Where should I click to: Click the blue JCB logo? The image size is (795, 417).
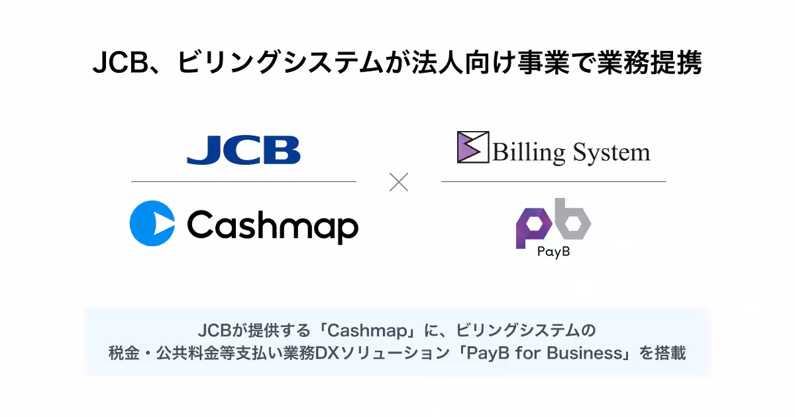tap(244, 150)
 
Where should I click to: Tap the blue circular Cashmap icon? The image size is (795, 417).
tap(152, 224)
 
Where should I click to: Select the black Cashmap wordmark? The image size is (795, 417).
tap(272, 226)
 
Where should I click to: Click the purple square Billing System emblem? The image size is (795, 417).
tap(473, 147)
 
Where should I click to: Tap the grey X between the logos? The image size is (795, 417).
tap(399, 182)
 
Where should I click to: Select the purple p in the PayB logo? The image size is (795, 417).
tap(533, 228)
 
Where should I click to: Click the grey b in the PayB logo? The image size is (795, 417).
tap(572, 218)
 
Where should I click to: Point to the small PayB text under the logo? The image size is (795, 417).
tap(554, 252)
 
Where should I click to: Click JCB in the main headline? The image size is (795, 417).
tap(121, 63)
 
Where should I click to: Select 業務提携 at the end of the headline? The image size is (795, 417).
tap(649, 63)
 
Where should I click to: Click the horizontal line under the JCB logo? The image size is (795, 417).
tap(244, 181)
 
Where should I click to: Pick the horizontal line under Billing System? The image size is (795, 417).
tap(554, 181)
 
